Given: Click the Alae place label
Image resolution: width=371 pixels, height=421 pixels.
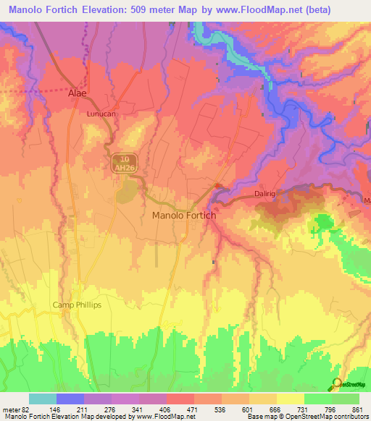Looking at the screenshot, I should point(77,94).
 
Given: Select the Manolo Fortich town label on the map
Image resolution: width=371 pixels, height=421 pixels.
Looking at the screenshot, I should point(183,215).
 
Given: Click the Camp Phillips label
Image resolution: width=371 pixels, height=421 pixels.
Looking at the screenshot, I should point(77,305).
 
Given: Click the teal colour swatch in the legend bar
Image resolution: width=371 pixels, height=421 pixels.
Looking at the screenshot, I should point(43,399).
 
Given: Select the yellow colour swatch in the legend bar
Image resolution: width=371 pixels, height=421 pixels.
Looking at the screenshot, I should point(291,399).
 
